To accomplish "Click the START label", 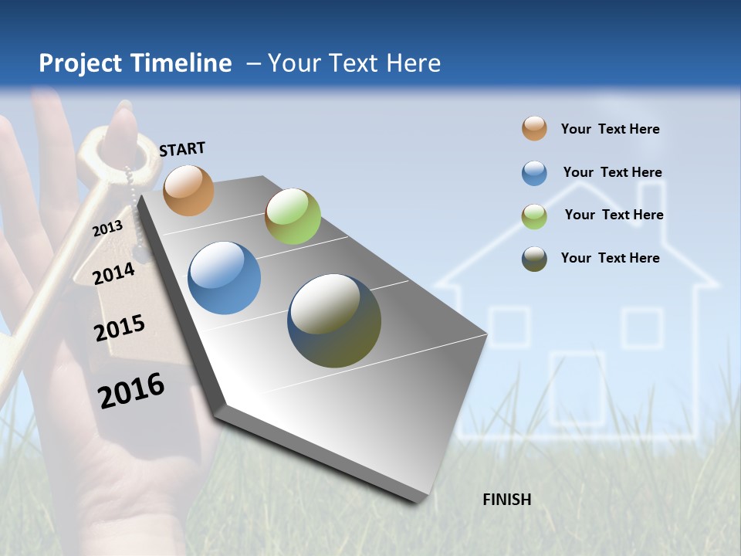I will [182, 149].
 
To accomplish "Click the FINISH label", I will [506, 500].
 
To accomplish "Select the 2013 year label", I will [107, 228].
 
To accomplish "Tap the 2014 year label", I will [113, 273].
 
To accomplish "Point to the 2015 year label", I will [119, 327].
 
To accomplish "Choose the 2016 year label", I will [131, 390].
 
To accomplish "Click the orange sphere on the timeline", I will [188, 190].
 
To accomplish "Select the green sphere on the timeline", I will [293, 216].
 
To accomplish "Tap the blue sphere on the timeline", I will [224, 278].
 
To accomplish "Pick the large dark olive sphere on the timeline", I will [333, 320].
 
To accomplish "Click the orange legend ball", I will [534, 129].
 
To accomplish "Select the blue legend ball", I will [534, 172].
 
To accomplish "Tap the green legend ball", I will [534, 215].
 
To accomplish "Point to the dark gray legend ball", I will [534, 259].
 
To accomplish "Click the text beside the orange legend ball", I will [610, 129].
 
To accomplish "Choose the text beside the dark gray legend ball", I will [610, 258].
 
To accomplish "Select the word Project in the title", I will [81, 63].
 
